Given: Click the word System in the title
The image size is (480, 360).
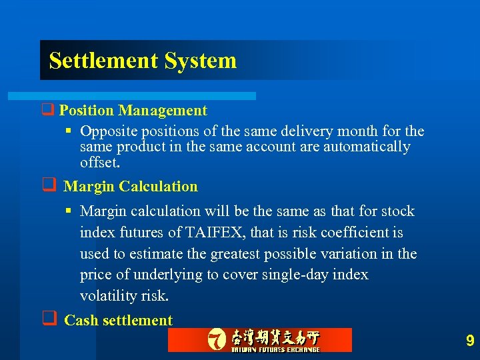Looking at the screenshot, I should [200, 61].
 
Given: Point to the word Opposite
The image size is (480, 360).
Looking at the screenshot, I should [108, 131].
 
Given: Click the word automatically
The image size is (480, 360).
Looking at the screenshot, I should [367, 147].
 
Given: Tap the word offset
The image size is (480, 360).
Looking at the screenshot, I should [99, 162].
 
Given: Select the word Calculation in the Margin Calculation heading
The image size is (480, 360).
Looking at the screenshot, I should [159, 187].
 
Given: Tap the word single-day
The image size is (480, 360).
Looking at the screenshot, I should [297, 275].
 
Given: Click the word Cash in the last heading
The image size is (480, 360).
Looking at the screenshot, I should [81, 321].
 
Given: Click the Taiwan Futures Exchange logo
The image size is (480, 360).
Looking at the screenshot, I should [260, 340].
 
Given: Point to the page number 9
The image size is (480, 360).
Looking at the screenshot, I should [470, 341].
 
